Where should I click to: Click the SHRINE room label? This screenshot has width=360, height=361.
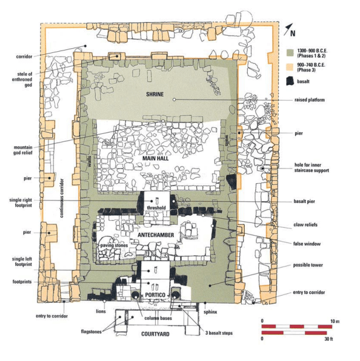click(155, 94)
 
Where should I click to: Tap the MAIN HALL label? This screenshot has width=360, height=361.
click(155, 158)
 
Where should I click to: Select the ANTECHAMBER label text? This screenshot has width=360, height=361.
click(156, 235)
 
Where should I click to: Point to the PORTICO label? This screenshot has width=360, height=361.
click(155, 295)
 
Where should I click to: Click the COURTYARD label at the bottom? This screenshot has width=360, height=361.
click(155, 334)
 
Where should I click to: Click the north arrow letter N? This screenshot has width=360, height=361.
click(293, 34)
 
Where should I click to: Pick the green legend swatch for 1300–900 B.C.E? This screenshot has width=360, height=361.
click(290, 53)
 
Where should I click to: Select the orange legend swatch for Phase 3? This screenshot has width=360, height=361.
click(290, 67)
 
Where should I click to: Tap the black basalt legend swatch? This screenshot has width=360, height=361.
click(290, 81)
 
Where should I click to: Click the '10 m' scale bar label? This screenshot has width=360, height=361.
click(334, 321)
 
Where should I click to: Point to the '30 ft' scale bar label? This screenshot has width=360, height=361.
click(329, 339)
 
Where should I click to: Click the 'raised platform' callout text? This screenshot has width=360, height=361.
click(310, 100)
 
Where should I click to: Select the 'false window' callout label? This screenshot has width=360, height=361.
click(307, 244)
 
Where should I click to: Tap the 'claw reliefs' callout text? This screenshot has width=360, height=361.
click(305, 225)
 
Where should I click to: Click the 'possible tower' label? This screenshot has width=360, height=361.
click(308, 265)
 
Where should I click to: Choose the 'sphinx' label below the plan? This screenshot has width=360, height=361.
click(210, 312)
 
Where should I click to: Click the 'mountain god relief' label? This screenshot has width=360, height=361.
click(23, 150)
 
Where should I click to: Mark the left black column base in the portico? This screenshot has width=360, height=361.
click(135, 295)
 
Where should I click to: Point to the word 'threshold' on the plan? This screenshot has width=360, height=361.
click(156, 208)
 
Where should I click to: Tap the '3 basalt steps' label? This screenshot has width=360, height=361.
click(219, 333)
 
